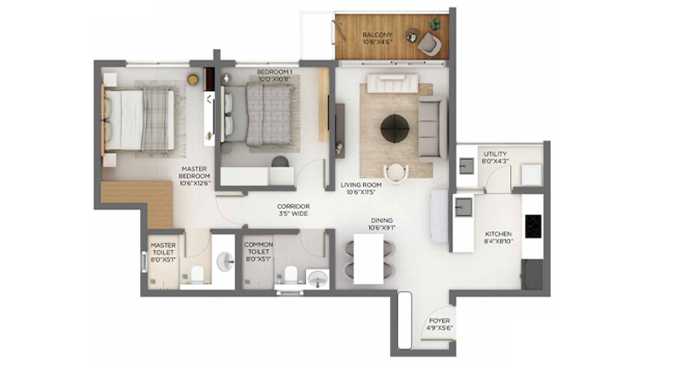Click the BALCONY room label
[377, 34]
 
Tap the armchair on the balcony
[429, 44]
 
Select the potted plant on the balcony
[435, 24]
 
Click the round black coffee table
[394, 128]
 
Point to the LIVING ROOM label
[360, 185]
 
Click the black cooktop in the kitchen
[533, 226]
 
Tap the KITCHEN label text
[498, 234]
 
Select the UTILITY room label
[495, 154]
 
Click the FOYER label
[439, 321]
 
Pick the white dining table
[368, 259]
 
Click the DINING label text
[382, 220]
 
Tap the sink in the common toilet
[318, 279]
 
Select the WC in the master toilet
[197, 274]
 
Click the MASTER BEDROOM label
[195, 172]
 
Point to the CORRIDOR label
[293, 207]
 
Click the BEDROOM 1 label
[274, 71]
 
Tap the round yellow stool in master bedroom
[193, 79]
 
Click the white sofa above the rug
[393, 83]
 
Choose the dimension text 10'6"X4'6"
[377, 42]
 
